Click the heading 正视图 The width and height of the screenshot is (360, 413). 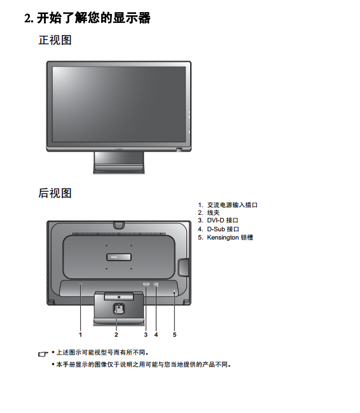coord(55,40)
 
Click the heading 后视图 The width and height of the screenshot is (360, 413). coord(55,193)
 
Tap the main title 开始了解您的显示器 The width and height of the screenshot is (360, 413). coord(88,18)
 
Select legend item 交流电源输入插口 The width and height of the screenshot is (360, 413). coord(228,205)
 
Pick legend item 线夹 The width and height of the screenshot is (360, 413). coord(209,213)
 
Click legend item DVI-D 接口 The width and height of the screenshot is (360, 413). coord(218,220)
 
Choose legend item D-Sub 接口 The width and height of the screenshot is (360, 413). coord(218,229)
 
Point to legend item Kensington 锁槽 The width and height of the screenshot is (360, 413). coord(226,238)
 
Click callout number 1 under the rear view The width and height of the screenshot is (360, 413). coord(80,334)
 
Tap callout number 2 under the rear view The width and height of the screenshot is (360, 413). coord(116,334)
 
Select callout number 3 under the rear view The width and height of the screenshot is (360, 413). coord(146,334)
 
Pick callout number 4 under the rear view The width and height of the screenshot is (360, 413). coord(156,334)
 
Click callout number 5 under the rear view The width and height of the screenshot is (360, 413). coord(174,334)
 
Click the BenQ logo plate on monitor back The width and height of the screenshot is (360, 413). coord(119,257)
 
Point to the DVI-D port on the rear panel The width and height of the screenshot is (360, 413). coord(146,284)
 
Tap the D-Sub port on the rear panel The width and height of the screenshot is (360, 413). coord(156,284)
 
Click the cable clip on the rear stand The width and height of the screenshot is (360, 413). coord(119,309)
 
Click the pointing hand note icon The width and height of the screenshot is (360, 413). coord(43,354)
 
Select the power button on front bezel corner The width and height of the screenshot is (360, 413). coord(179,149)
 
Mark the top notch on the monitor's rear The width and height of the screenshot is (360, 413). coord(119,225)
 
